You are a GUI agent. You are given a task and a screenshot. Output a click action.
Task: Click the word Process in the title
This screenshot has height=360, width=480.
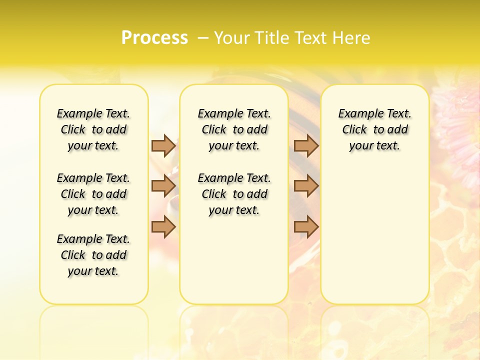coord(154,37)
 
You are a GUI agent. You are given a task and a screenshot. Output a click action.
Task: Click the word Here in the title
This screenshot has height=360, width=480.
coord(353,37)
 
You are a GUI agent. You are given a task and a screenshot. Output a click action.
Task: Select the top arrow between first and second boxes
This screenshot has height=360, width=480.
coord(163,145)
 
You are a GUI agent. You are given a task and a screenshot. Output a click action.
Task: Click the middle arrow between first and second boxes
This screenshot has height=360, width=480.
coord(163,186)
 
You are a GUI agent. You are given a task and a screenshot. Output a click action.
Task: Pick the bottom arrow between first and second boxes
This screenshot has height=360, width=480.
coord(163,227)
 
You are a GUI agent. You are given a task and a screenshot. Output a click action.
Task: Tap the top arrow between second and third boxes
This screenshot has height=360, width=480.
coord(306,145)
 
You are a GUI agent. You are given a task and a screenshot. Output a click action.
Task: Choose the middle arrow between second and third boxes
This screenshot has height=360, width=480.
coord(306,186)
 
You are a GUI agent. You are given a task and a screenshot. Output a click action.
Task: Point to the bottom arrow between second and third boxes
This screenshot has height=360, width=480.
coord(306,227)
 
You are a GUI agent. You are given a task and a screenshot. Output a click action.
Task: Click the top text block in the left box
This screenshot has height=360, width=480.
coord(93,129)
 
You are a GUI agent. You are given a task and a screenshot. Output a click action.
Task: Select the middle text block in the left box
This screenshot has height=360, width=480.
coord(93,194)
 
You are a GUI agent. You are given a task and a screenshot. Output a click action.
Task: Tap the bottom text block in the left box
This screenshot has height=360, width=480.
coord(93,255)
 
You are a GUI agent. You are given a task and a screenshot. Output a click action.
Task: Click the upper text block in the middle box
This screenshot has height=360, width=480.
coord(234,129)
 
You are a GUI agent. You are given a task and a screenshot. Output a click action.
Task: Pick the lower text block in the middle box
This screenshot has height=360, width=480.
coord(234,194)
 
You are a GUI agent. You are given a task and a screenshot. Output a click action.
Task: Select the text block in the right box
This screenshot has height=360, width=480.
coord(374,129)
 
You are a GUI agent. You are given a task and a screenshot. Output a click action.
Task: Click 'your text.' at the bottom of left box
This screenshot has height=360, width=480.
coord(93,271)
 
